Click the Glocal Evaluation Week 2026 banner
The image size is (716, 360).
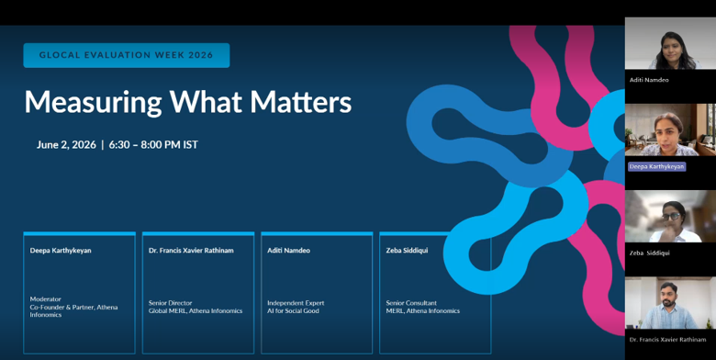pos(127,55)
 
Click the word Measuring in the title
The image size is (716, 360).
pos(93,102)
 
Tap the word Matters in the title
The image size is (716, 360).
pos(300,101)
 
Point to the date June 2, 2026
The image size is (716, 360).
pos(66,145)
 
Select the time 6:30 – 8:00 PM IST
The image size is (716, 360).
pos(153,145)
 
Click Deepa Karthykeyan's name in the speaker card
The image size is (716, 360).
pos(61,251)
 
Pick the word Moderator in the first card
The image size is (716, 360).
pos(45,299)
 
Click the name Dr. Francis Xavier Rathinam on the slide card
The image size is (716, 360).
pos(191,251)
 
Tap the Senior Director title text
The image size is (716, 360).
pos(171,303)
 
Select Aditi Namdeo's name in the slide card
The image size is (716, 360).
pos(288,251)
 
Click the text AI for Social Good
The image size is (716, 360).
pos(293,310)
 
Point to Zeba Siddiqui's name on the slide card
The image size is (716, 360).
pos(406,251)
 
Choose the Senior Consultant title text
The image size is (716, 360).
pos(411,303)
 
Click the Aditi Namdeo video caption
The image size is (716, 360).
pos(649,80)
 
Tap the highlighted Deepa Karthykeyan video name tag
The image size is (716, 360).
pos(656,167)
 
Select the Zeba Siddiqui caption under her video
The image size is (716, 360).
pos(649,253)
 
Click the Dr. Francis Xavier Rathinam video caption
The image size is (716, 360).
pos(667,340)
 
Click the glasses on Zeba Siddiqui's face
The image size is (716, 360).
pos(671,216)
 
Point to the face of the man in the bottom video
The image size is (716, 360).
pos(668,296)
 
